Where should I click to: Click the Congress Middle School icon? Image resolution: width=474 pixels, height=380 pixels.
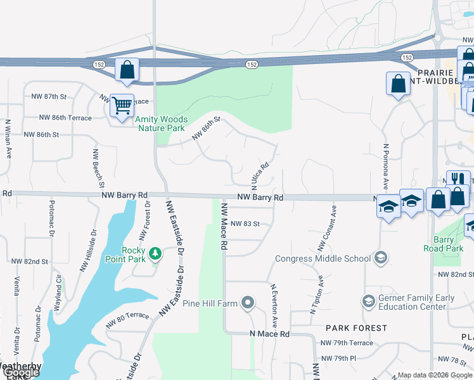pyautogui.click(x=380, y=258)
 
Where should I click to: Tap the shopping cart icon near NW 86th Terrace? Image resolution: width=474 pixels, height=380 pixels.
pyautogui.click(x=122, y=104)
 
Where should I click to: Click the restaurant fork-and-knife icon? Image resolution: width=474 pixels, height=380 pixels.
pyautogui.click(x=458, y=180)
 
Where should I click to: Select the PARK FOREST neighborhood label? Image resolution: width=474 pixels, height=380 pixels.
pyautogui.click(x=357, y=328)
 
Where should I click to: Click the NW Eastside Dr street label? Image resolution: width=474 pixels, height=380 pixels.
pyautogui.click(x=176, y=237)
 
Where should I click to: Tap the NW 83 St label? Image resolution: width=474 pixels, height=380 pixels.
pyautogui.click(x=245, y=224)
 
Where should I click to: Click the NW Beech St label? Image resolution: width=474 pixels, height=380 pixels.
pyautogui.click(x=98, y=168)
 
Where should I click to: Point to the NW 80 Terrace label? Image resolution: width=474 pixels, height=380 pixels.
pyautogui.click(x=127, y=315)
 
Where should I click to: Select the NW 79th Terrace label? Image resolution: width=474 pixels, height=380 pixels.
pyautogui.click(x=347, y=343)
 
